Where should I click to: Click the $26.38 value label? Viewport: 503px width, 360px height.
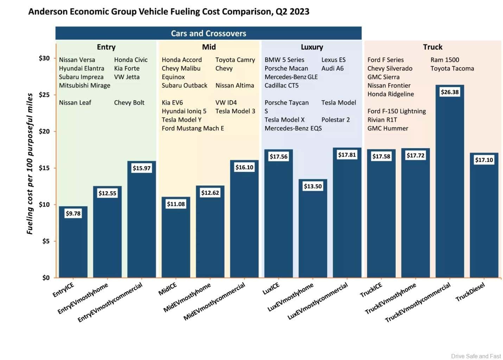click(450, 92)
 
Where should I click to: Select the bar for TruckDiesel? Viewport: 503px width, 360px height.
click(484, 218)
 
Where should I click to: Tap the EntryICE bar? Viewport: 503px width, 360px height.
click(73, 246)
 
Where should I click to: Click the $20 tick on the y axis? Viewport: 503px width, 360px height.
click(44, 131)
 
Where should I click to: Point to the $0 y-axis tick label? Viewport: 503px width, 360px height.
click(46, 278)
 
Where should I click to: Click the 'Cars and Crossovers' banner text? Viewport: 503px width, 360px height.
click(208, 33)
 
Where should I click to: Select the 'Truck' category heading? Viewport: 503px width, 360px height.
click(432, 47)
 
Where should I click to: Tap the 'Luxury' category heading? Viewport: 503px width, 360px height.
click(312, 47)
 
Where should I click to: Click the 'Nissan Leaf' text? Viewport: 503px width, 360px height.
click(75, 103)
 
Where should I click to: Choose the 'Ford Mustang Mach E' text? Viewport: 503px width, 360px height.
click(193, 128)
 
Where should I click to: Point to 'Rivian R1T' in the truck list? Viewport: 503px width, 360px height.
click(382, 120)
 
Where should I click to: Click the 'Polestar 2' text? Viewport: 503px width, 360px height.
click(336, 120)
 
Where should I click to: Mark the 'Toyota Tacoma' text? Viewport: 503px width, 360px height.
click(452, 69)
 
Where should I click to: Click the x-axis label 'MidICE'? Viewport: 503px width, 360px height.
click(168, 289)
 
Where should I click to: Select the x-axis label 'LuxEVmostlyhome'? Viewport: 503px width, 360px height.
click(291, 297)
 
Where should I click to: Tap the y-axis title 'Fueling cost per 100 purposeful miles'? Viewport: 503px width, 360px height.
click(30, 164)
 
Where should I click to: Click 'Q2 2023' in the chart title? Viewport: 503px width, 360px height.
click(292, 12)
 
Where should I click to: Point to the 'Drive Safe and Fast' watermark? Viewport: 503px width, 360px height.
click(476, 356)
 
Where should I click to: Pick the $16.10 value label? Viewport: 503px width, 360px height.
click(244, 167)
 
